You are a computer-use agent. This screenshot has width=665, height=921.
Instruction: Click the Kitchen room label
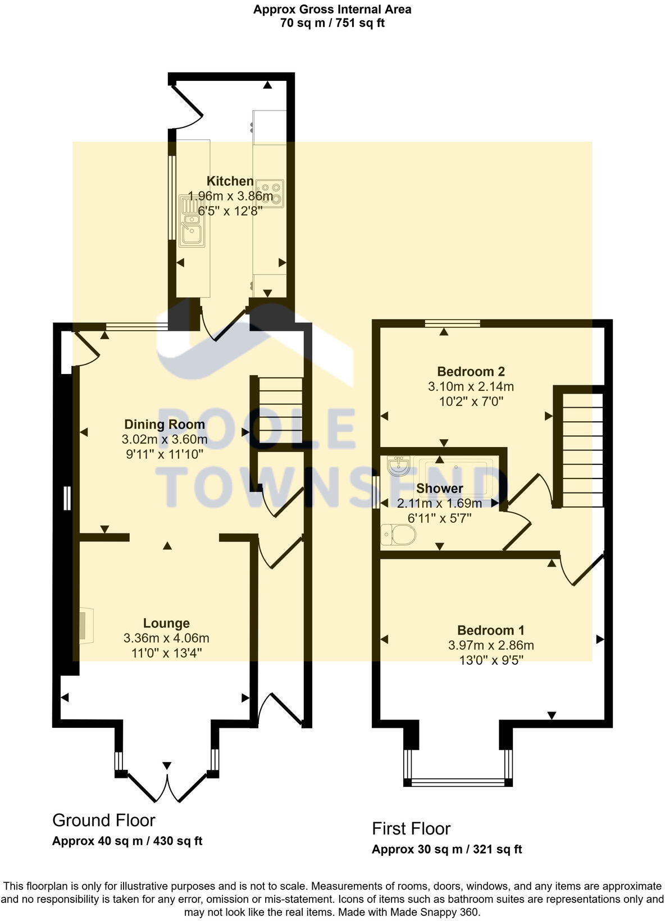pyautogui.click(x=230, y=181)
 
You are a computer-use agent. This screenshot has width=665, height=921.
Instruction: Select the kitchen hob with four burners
pyautogui.click(x=271, y=193)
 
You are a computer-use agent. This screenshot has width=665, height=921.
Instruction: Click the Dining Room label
pyautogui.click(x=164, y=425)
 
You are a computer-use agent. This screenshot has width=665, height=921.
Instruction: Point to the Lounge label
pyautogui.click(x=166, y=623)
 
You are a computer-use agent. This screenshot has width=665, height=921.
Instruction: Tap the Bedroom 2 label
pyautogui.click(x=471, y=372)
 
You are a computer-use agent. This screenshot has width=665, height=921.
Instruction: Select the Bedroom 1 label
pyautogui.click(x=490, y=631)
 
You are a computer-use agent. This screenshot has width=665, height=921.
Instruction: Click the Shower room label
pyautogui.click(x=439, y=489)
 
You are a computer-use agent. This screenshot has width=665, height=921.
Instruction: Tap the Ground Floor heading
pyautogui.click(x=103, y=820)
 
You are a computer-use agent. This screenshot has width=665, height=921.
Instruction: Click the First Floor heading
pyautogui.click(x=411, y=829)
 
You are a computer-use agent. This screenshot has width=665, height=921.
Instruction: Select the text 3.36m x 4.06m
pyautogui.click(x=166, y=639)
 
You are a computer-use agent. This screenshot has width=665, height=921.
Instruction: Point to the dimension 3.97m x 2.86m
pyautogui.click(x=490, y=646)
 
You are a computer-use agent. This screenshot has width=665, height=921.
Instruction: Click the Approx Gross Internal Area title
pyautogui.click(x=332, y=10)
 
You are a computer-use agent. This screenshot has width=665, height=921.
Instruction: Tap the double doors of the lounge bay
pyautogui.click(x=167, y=786)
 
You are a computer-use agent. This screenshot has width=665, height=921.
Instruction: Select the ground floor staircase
pyautogui.click(x=280, y=410)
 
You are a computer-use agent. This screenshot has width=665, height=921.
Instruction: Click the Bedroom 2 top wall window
pyautogui.click(x=452, y=323)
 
